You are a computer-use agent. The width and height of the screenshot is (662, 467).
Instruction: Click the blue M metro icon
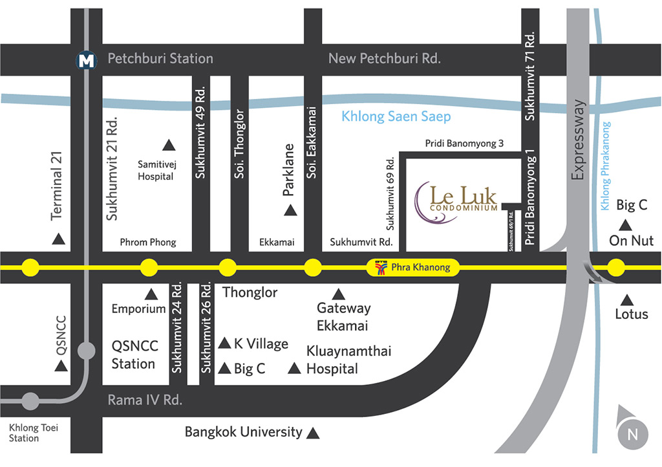[x=87, y=60]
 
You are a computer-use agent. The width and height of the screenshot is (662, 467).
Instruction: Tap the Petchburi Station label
[x=160, y=58]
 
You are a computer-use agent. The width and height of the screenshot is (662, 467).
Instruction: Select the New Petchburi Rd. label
[x=385, y=58]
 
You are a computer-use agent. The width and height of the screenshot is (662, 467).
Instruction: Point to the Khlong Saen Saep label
[x=396, y=116]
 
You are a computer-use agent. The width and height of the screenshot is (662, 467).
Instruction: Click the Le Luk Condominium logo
[x=456, y=202]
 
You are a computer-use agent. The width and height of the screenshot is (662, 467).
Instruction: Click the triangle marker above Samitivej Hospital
[x=169, y=146]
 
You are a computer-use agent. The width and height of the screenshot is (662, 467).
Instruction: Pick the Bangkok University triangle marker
[x=313, y=433]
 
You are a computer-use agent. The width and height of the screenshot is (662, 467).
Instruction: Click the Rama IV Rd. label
[x=145, y=400]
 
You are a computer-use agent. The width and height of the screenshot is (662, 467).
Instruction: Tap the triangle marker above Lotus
[x=627, y=299]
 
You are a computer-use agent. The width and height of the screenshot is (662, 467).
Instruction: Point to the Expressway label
[x=579, y=140]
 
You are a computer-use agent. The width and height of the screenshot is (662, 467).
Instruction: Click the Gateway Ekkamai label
[x=344, y=317]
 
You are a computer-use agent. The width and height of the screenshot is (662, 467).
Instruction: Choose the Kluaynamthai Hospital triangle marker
[x=294, y=368]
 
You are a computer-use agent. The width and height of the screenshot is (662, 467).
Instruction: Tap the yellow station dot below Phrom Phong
[x=149, y=268]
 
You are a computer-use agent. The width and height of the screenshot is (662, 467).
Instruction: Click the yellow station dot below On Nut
[x=616, y=268]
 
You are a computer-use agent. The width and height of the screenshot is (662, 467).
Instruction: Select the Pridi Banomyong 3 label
[x=464, y=144]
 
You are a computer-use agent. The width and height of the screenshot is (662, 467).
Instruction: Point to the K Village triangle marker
[x=224, y=343]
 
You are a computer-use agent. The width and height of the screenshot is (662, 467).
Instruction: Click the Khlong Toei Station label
[x=34, y=433]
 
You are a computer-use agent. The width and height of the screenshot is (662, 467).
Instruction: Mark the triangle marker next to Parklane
[x=290, y=210]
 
